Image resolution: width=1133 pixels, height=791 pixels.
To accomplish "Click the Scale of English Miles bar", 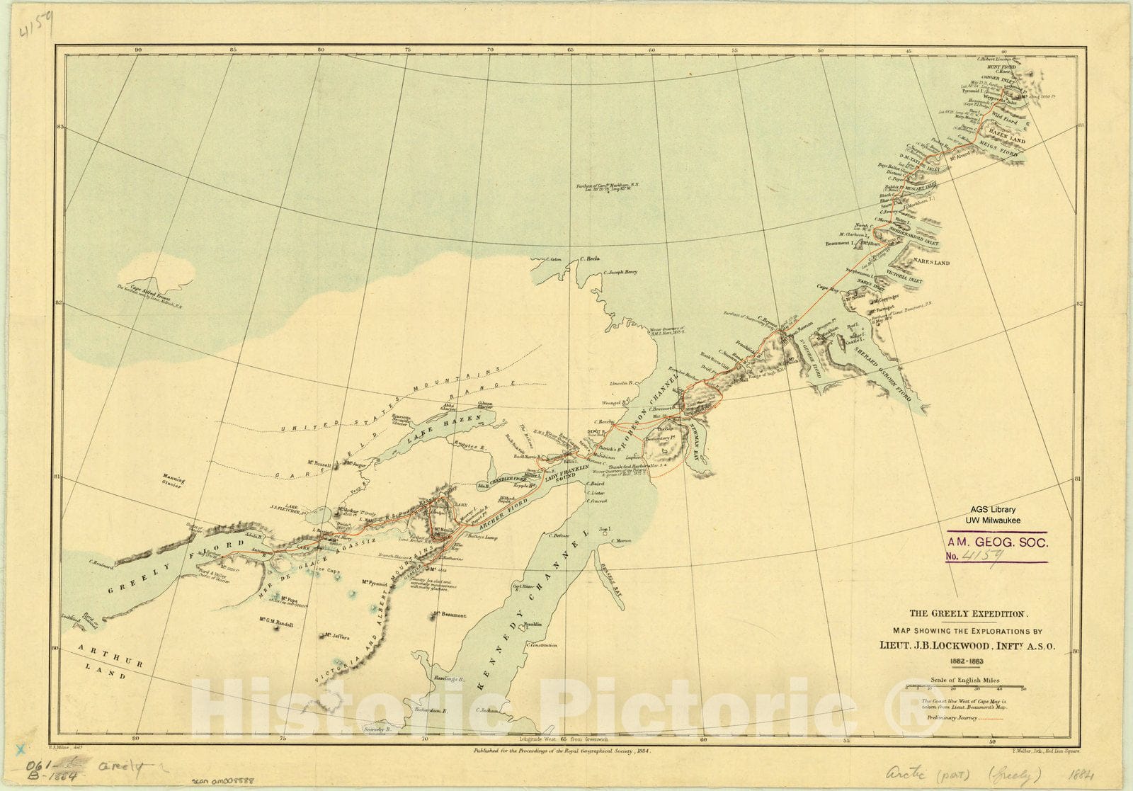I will coord(977,687).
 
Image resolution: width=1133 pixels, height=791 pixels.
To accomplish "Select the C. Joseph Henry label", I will coord(621,272).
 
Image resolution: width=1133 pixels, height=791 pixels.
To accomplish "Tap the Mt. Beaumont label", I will coord(450,615).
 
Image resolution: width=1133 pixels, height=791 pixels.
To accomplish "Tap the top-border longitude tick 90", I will coord(139,50).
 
